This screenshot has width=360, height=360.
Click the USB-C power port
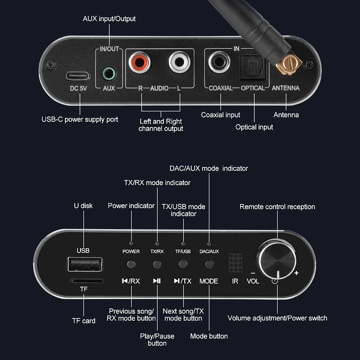pos(78,75)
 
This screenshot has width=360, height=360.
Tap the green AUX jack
pos(109,73)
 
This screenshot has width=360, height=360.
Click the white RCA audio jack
pos(180,63)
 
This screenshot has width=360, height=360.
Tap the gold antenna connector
pos(288,64)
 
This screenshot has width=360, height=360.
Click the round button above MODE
pos(208,264)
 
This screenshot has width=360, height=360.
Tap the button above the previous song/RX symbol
pos(131,264)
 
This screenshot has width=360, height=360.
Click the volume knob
pos(277,258)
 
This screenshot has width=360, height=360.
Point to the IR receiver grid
pos(235,262)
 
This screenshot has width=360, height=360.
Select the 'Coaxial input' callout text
pos(220,115)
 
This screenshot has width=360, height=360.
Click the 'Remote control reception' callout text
pos(277,207)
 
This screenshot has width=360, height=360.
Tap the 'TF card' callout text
pos(83,321)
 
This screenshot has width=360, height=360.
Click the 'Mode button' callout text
pos(209,336)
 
